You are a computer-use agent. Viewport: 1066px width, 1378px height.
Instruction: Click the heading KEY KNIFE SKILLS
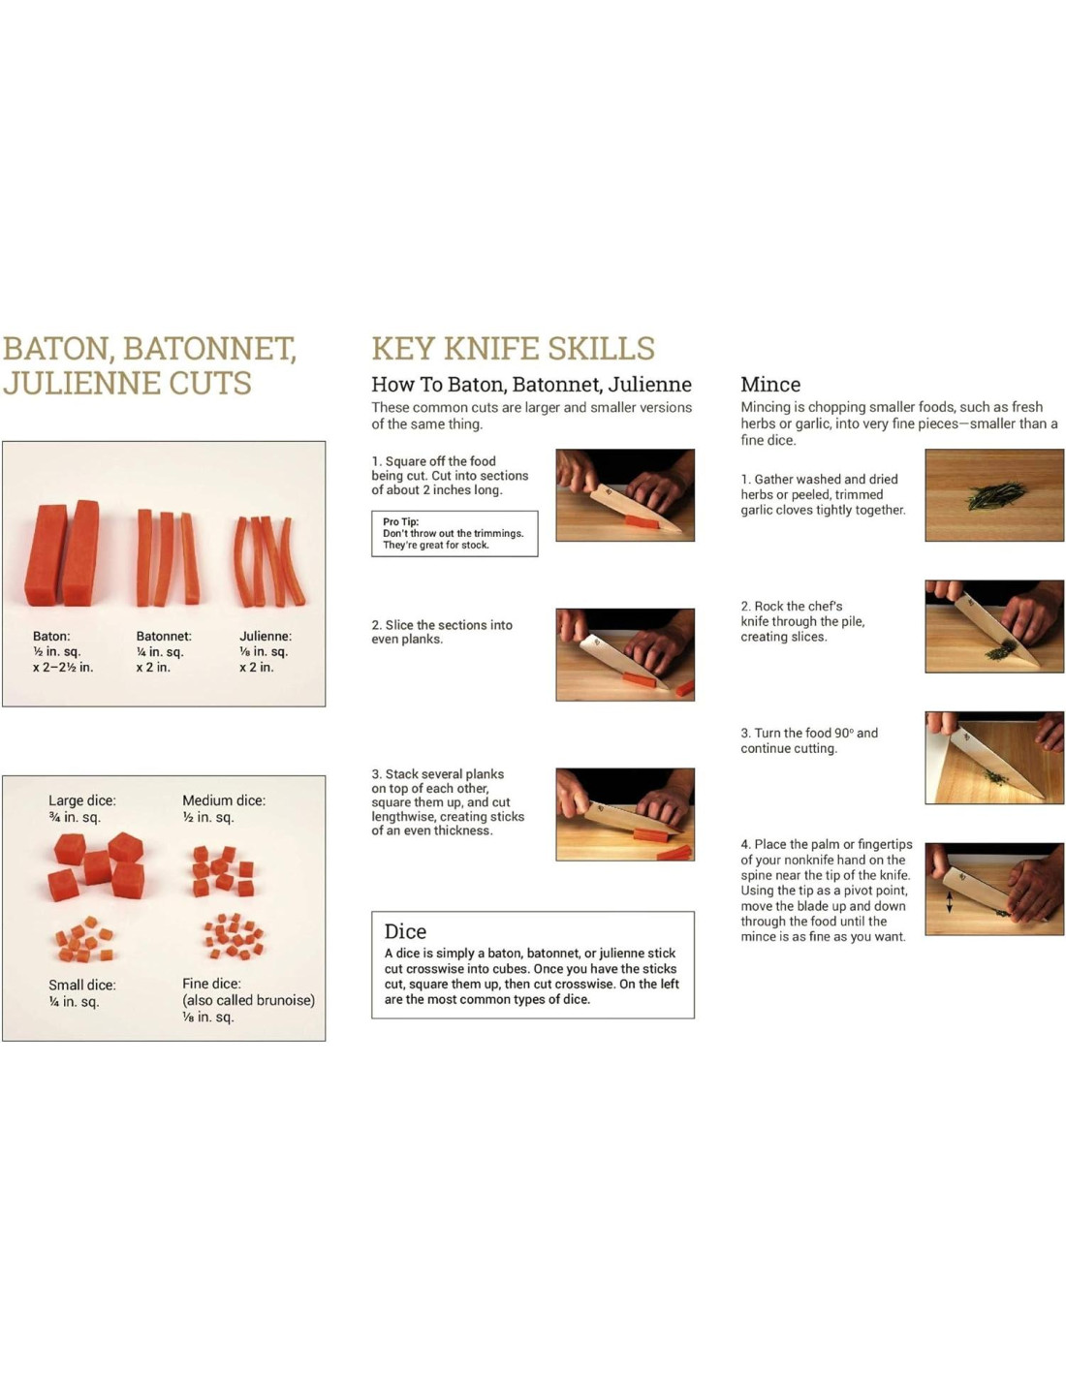[513, 348]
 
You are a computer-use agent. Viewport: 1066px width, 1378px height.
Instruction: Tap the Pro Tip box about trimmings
[455, 533]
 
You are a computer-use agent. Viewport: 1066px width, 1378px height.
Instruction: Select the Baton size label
[63, 651]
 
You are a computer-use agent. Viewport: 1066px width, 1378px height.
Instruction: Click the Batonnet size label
[164, 651]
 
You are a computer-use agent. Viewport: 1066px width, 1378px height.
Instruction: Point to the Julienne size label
[266, 651]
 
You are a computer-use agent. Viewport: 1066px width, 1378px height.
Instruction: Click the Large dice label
[82, 808]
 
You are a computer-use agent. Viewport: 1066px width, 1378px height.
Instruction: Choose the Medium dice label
[224, 808]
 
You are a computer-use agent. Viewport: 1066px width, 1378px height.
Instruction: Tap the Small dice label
[82, 993]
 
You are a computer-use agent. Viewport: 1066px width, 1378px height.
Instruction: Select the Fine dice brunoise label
[249, 1000]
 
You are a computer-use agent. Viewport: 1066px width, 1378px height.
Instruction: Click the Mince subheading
[769, 385]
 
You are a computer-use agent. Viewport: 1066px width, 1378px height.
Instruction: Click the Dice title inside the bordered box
[405, 931]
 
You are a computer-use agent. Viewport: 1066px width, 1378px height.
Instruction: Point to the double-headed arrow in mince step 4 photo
[950, 902]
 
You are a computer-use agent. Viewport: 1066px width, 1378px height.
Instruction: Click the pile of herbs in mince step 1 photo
[996, 495]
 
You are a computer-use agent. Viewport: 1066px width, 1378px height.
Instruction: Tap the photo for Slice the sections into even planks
[625, 654]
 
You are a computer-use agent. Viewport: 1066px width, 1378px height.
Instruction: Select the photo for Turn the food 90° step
[994, 757]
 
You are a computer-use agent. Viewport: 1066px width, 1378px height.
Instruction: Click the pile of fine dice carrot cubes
[234, 935]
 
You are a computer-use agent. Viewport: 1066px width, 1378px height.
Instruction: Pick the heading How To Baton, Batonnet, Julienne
[531, 385]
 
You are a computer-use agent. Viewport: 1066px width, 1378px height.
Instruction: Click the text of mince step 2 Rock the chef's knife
[802, 621]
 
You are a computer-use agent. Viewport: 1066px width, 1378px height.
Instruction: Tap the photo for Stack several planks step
[625, 814]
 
